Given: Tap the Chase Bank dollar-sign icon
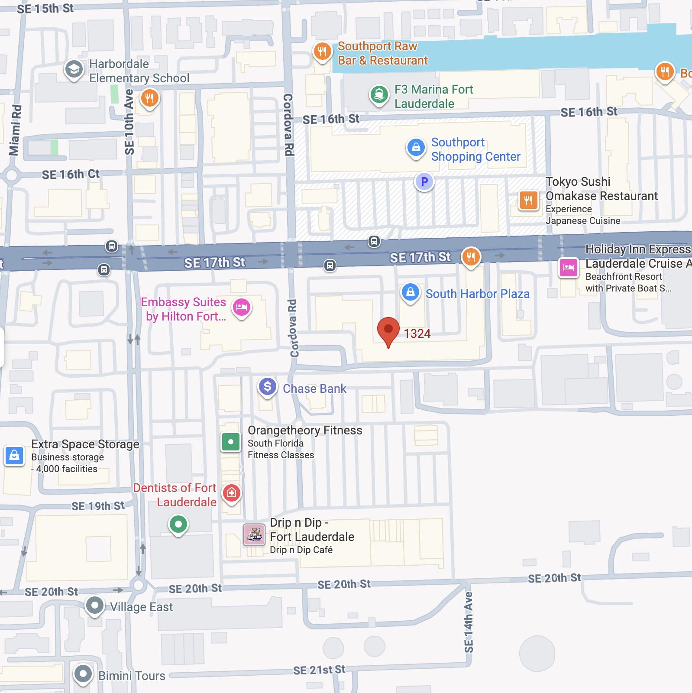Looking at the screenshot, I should pos(267,386).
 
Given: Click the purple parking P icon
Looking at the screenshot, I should pos(424,181).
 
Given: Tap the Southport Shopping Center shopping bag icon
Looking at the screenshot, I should pos(416,148).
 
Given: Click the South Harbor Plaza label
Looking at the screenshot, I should pos(477,294).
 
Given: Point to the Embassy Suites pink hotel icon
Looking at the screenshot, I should pos(242,307).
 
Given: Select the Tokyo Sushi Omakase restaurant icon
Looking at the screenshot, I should pos(528,200).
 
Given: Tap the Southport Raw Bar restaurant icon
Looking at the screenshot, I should pos(322,52).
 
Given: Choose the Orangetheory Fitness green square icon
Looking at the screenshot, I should pos(231,442).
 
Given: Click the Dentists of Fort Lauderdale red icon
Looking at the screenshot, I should pos(232,493).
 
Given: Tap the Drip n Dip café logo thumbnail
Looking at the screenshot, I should pos(254,535).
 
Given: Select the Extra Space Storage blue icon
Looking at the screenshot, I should pos(14,456).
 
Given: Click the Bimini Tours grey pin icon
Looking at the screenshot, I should pos(83,674).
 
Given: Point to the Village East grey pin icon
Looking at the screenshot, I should pos(94,605).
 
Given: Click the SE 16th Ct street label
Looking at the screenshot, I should pos(71,175).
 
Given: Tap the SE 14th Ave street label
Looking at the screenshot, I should pos(469,622).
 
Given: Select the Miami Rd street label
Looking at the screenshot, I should pos(15,130).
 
